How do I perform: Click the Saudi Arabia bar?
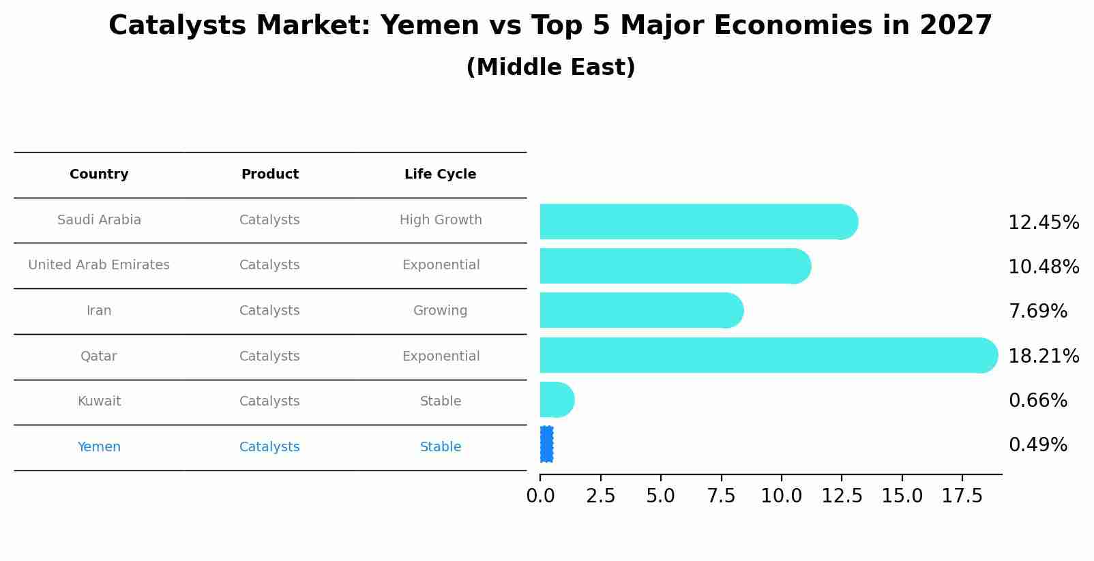pos(696,222)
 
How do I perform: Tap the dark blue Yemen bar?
pos(546,444)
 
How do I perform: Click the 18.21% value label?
pos(1043,356)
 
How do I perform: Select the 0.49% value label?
pos(1037,445)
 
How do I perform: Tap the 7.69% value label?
pos(1037,312)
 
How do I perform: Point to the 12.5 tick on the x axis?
pos(842,496)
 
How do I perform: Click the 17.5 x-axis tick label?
pos(962,496)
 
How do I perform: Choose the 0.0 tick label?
pos(540,496)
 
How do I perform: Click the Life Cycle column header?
pos(440,175)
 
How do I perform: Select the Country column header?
pos(99,175)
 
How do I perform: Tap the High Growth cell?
pos(440,220)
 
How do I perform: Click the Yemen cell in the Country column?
pos(99,447)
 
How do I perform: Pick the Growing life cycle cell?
pos(440,311)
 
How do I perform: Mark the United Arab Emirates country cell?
pos(99,265)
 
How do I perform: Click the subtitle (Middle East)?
pos(550,67)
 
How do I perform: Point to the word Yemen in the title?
pos(429,26)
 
